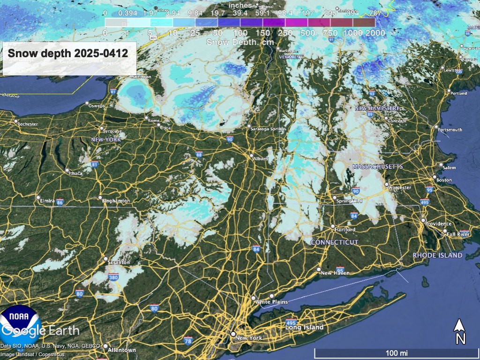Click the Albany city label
261,159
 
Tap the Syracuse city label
112,131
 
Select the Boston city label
444,180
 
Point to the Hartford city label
345,230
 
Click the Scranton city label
119,262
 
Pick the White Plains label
271,302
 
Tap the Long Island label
305,327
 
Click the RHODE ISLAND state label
437,255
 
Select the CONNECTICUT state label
335,242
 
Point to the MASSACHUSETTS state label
378,167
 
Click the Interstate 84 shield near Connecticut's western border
256,248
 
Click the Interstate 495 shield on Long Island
291,322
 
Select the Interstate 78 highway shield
188,340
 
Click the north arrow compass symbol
460,331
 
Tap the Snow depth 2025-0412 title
68,53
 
